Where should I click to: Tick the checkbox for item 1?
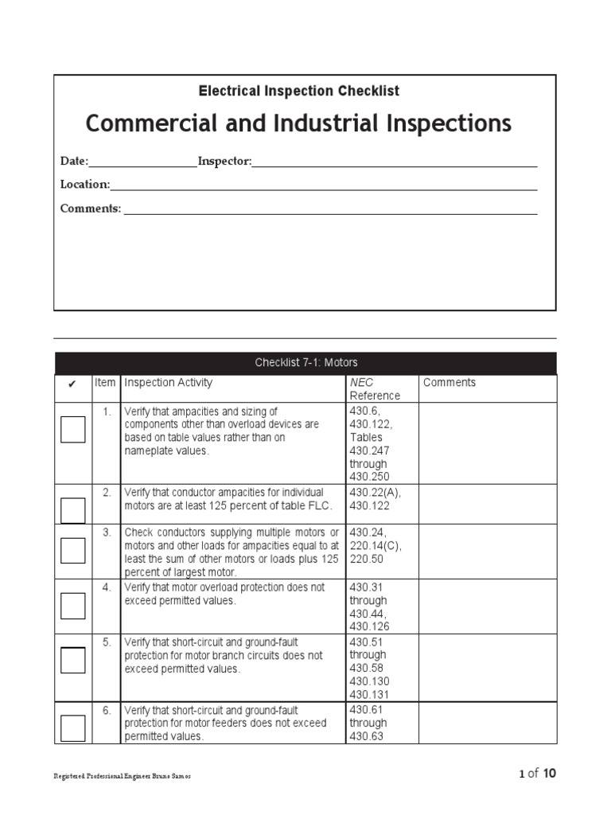pos(72,430)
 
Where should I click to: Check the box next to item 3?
pos(72,550)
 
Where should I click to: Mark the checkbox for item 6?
pos(72,727)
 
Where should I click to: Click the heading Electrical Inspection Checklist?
pos(299,91)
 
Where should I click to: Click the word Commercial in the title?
pos(140,123)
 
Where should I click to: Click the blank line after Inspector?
pos(394,162)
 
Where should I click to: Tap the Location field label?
pos(85,185)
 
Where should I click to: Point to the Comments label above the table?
pos(91,209)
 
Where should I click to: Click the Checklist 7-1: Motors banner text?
pos(306,363)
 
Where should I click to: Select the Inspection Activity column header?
pos(169,383)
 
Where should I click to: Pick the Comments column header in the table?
pos(449,383)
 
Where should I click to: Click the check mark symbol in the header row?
pos(72,384)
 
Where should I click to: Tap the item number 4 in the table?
pos(107,587)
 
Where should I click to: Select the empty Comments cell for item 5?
pos(487,667)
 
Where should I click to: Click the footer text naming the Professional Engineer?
pos(122,776)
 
